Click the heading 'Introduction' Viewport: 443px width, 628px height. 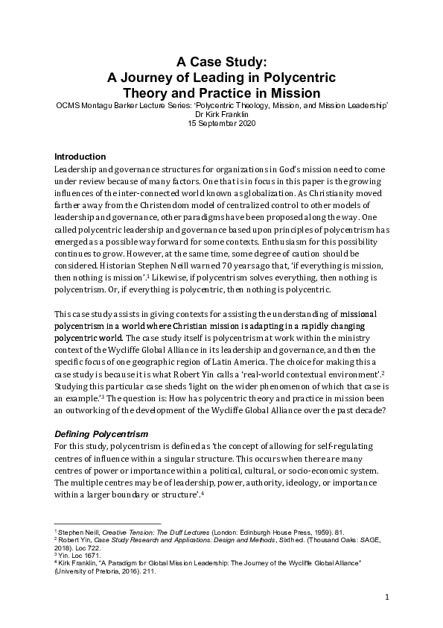80,156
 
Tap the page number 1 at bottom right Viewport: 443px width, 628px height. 388,597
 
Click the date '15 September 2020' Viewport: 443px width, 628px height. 221,124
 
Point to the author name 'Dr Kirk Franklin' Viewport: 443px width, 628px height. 221,116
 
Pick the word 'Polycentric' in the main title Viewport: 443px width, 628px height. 298,78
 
